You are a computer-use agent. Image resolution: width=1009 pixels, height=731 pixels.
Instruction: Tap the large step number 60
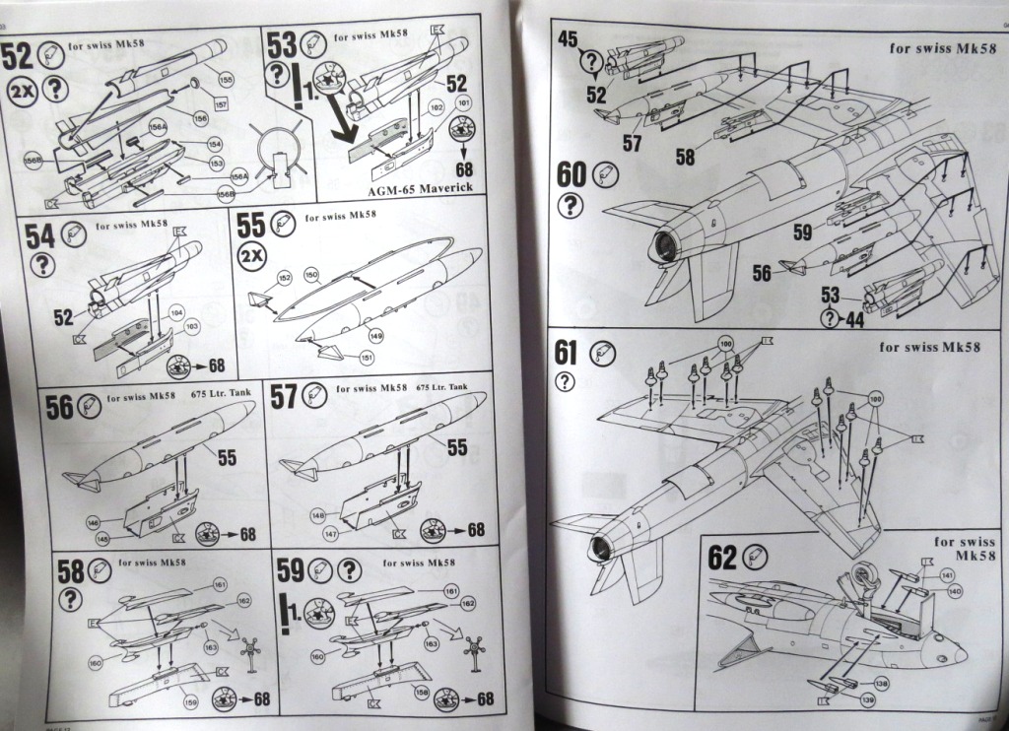pyautogui.click(x=572, y=175)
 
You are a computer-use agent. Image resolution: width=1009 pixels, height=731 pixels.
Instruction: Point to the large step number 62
pyautogui.click(x=722, y=557)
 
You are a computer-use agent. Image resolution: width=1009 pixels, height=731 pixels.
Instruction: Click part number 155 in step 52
pyautogui.click(x=226, y=79)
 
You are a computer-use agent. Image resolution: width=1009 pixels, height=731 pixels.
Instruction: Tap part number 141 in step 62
pyautogui.click(x=947, y=574)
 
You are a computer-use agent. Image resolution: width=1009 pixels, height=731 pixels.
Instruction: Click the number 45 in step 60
pyautogui.click(x=569, y=40)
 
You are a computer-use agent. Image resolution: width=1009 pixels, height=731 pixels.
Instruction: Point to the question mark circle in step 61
pyautogui.click(x=565, y=381)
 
